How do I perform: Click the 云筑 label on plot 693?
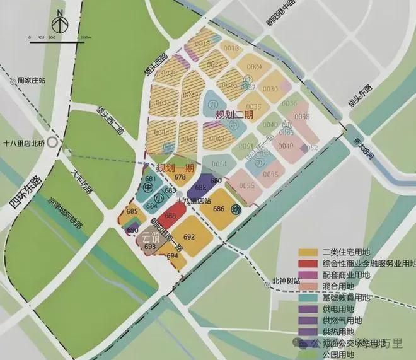point(149,238)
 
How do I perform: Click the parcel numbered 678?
point(180,178)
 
